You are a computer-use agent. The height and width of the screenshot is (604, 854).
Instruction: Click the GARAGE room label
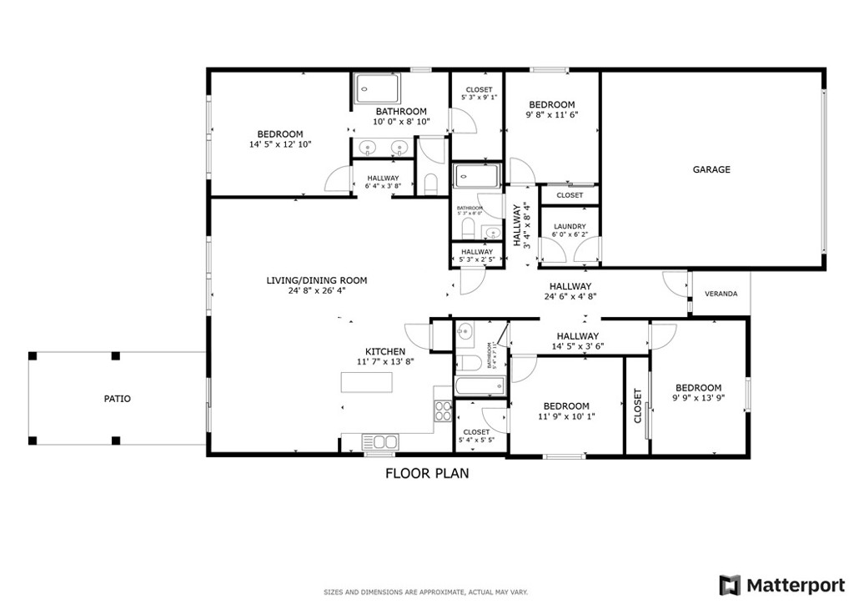(711, 169)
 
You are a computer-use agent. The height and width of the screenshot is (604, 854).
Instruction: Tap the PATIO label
(117, 399)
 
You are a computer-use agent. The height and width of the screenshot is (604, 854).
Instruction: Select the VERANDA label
(721, 294)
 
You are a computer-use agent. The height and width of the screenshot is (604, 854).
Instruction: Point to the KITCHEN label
(385, 351)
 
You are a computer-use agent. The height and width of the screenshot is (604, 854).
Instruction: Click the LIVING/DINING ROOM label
(316, 280)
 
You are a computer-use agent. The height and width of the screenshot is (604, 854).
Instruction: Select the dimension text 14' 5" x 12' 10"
(279, 144)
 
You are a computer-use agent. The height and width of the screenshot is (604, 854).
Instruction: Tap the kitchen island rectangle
(367, 382)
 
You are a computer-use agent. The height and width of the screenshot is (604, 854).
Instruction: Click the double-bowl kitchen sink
(379, 441)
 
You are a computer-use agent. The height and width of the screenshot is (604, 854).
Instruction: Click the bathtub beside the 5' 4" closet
(480, 385)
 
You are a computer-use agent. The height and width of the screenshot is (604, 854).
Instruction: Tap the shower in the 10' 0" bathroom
(378, 87)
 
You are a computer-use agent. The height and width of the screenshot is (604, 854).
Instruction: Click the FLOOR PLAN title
(426, 473)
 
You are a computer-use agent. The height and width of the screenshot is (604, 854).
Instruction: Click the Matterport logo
(781, 583)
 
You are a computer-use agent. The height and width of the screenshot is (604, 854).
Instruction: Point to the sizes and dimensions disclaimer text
(426, 592)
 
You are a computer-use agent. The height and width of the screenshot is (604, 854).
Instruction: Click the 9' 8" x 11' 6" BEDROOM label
(551, 104)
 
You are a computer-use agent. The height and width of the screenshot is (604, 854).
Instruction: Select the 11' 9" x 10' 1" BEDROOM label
(564, 406)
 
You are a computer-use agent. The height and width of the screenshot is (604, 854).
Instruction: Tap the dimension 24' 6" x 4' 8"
(570, 296)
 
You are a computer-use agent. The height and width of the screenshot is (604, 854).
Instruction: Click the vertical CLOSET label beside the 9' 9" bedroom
(638, 405)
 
